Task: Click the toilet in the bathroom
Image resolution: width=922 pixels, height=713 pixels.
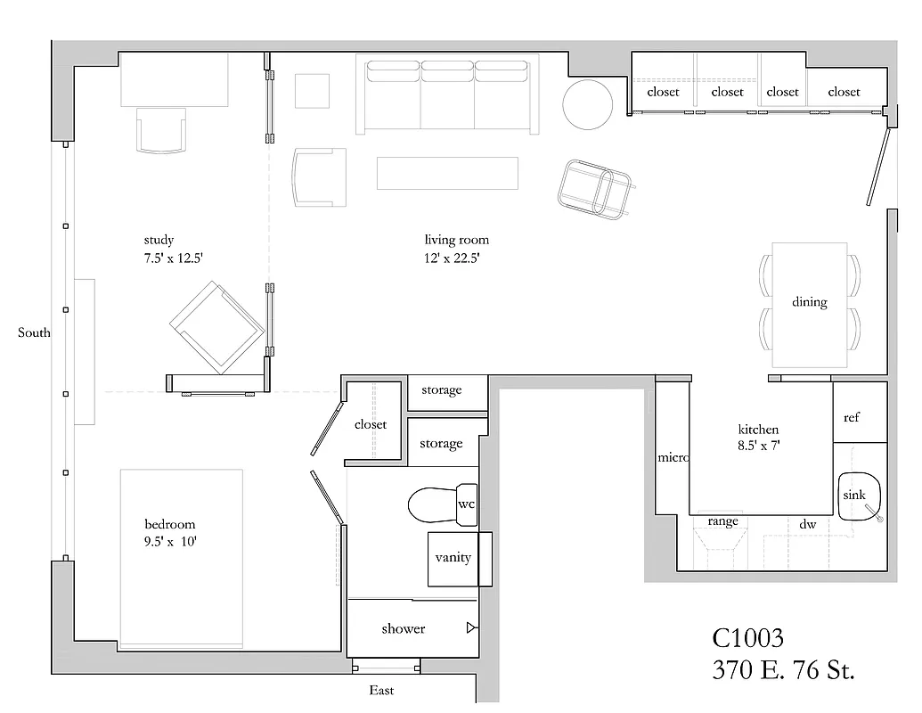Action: [433, 505]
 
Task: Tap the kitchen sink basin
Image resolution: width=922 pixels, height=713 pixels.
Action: [859, 496]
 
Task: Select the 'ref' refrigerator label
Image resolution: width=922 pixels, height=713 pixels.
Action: [852, 417]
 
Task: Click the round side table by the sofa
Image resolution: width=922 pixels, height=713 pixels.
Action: [588, 104]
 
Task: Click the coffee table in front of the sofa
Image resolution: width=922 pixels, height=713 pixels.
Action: [447, 173]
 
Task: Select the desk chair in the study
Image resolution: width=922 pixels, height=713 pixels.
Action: [161, 131]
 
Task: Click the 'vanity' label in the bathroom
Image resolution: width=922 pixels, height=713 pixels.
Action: [453, 558]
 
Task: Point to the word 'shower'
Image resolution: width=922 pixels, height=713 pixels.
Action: [404, 629]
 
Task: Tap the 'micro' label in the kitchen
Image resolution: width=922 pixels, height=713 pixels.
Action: [673, 457]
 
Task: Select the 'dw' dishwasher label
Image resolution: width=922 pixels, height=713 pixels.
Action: [807, 525]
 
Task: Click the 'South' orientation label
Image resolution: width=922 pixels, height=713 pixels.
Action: [34, 333]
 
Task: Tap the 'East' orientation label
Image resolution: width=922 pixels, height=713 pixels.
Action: [381, 691]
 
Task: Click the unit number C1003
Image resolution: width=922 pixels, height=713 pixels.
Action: [748, 638]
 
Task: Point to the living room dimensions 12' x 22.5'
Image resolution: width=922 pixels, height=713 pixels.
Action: [457, 259]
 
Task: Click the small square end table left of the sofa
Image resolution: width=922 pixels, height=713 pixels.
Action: [314, 90]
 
